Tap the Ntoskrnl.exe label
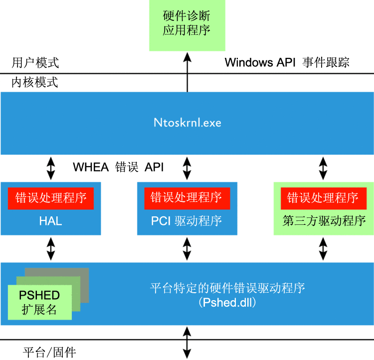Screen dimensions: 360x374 tap(187, 122)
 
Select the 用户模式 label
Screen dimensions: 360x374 tap(35, 63)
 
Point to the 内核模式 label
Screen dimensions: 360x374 tap(35, 82)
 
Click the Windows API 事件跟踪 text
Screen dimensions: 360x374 tap(287, 62)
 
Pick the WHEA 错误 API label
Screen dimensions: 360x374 tap(118, 167)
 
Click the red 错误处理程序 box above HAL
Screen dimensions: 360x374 tap(51, 198)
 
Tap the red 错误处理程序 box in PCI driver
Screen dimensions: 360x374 tap(187, 198)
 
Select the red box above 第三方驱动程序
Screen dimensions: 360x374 tap(323, 198)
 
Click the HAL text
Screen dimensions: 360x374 tap(50, 221)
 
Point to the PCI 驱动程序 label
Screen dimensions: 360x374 tap(187, 221)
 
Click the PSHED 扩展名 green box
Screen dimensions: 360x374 tap(39, 302)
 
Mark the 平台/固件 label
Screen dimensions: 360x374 tap(49, 353)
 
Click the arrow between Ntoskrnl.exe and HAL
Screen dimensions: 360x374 tap(50, 169)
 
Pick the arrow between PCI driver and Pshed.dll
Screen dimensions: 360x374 tap(187, 248)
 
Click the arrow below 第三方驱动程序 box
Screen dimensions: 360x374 tap(323, 248)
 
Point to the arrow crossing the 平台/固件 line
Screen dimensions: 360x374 tap(187, 342)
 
